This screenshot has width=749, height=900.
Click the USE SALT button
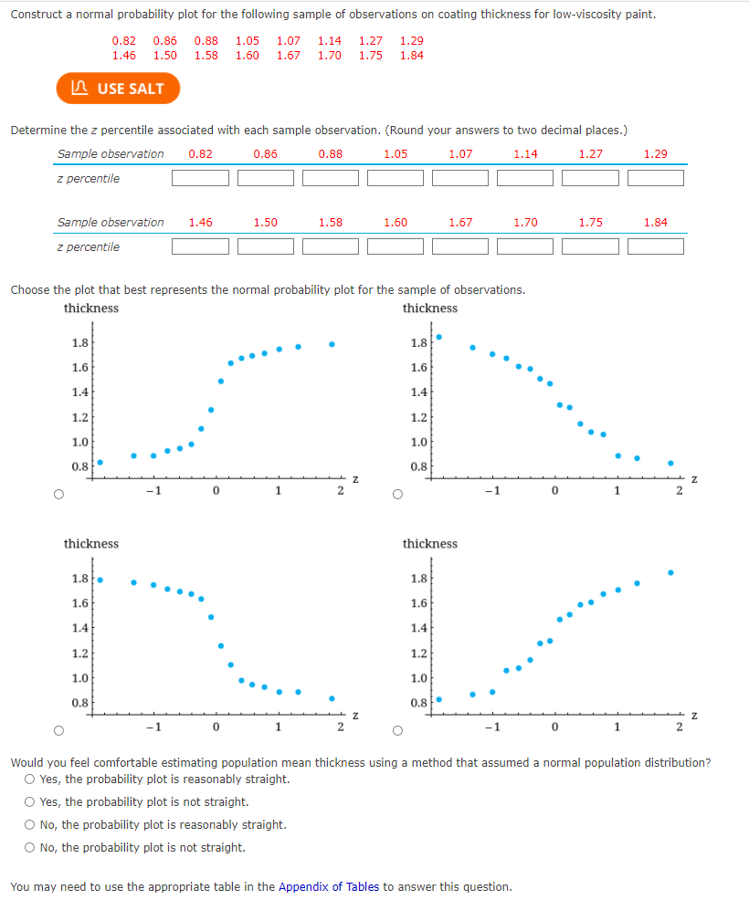[118, 89]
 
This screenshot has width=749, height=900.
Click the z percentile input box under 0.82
[201, 178]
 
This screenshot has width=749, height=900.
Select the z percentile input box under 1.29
[655, 178]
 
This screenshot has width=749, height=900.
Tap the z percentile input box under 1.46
[201, 246]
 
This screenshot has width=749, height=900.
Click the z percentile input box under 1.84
[655, 246]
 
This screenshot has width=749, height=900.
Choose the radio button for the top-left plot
[59, 495]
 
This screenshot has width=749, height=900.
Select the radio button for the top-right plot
[397, 495]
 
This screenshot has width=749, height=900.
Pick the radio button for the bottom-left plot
[59, 730]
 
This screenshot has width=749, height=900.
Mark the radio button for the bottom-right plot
[397, 730]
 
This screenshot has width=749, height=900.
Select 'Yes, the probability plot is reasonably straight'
[31, 780]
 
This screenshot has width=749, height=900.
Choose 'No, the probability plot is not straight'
[31, 848]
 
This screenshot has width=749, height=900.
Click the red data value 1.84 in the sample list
[411, 56]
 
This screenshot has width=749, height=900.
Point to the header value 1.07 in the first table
[460, 153]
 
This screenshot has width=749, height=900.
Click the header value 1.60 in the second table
[396, 222]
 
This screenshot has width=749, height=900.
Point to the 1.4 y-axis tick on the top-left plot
[79, 392]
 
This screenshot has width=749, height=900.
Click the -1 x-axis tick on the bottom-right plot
[491, 727]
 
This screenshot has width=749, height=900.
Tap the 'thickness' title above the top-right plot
[429, 309]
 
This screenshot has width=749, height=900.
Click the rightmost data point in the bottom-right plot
[670, 572]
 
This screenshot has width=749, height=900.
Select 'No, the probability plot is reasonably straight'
[31, 825]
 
